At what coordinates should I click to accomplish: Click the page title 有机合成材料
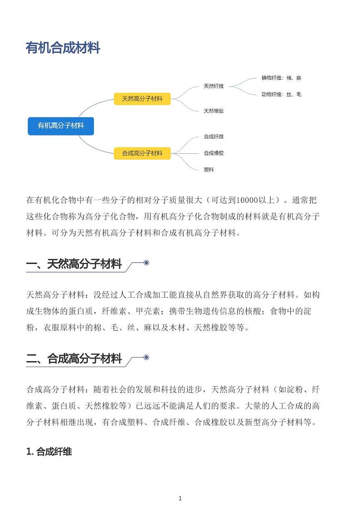coord(63,48)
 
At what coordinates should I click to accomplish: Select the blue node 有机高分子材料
coord(61,126)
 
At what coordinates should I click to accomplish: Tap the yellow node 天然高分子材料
coord(142,98)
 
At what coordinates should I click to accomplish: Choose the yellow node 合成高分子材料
coord(142,153)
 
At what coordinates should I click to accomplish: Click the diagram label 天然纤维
coord(214,86)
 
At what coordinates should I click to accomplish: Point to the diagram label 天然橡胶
coord(214,111)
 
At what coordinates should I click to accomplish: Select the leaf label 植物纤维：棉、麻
coord(281,78)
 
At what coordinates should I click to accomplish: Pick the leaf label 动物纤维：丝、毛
coord(281,94)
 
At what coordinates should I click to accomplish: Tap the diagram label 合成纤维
coord(214,137)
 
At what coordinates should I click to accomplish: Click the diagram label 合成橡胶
coord(214,153)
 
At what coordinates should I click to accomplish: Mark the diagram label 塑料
coord(209,169)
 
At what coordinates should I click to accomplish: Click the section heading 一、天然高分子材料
coord(74,264)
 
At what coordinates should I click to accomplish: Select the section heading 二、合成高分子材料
coord(74,359)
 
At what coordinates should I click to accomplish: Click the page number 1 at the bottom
coord(180,498)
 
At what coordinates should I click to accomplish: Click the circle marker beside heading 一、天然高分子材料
coord(146,263)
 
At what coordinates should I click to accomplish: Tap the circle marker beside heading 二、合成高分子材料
coord(146,358)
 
